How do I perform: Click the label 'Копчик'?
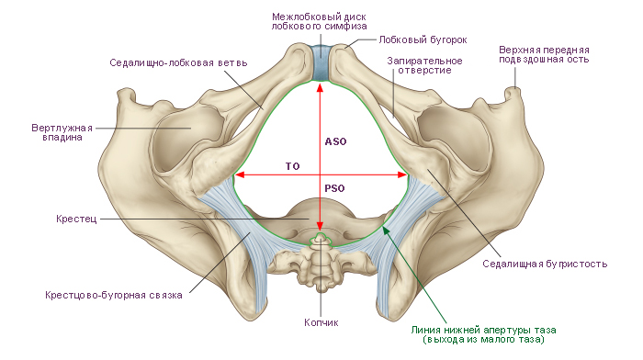(321, 322)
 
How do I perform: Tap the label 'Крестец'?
(76, 219)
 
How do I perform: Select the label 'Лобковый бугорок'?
(423, 39)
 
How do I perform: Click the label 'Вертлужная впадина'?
(62, 132)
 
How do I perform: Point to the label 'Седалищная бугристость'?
(545, 264)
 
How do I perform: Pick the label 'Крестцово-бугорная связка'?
(114, 295)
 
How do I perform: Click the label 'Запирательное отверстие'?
(424, 65)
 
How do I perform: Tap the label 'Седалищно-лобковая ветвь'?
(178, 62)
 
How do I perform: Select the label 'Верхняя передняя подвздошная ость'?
(544, 54)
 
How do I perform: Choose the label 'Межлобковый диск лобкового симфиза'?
(319, 21)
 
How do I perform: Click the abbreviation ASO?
(336, 141)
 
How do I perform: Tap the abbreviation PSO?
(334, 188)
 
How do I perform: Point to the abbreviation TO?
(293, 166)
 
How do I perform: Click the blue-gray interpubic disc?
(320, 62)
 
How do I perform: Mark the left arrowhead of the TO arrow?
(239, 174)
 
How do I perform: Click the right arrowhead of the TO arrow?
(402, 174)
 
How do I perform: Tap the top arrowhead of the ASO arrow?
(320, 86)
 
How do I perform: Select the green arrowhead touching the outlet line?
(386, 230)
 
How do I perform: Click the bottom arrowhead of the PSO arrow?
(320, 227)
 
